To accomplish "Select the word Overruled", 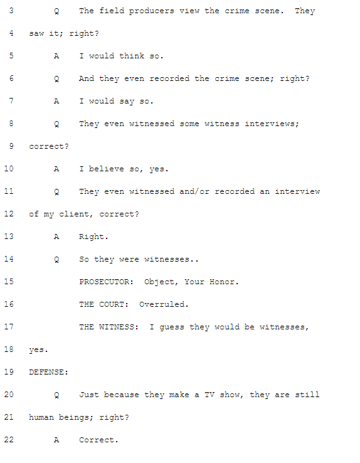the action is pyautogui.click(x=164, y=304).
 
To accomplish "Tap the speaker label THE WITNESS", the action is pyautogui.click(x=109, y=327).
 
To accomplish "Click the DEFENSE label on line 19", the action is pyautogui.click(x=48, y=372).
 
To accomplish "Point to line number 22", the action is pyautogui.click(x=9, y=439).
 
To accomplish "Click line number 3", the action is pyautogui.click(x=11, y=11).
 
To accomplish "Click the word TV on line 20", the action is pyautogui.click(x=209, y=395).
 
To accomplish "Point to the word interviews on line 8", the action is pyautogui.click(x=272, y=124).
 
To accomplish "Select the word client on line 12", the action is pyautogui.click(x=76, y=214).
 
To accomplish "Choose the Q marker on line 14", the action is pyautogui.click(x=56, y=259).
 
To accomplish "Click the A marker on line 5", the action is pyautogui.click(x=56, y=56).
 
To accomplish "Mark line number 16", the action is pyautogui.click(x=9, y=304).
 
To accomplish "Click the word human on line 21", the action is pyautogui.click(x=41, y=417).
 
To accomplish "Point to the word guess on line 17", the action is pyautogui.click(x=172, y=327).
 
